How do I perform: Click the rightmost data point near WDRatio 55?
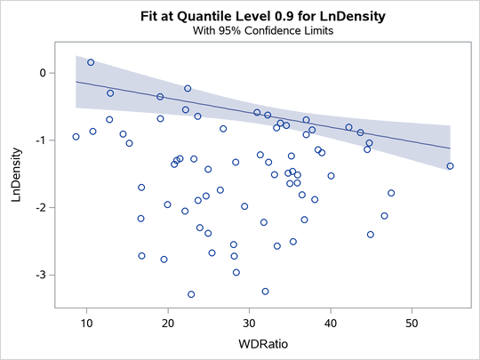pyautogui.click(x=450, y=166)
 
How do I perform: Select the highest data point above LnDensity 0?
pyautogui.click(x=91, y=62)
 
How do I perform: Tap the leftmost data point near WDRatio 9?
pyautogui.click(x=76, y=137)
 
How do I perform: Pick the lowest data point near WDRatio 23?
pyautogui.click(x=191, y=294)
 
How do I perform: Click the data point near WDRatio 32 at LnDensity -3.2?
pyautogui.click(x=265, y=292)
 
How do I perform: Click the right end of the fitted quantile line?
pyautogui.click(x=450, y=148)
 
